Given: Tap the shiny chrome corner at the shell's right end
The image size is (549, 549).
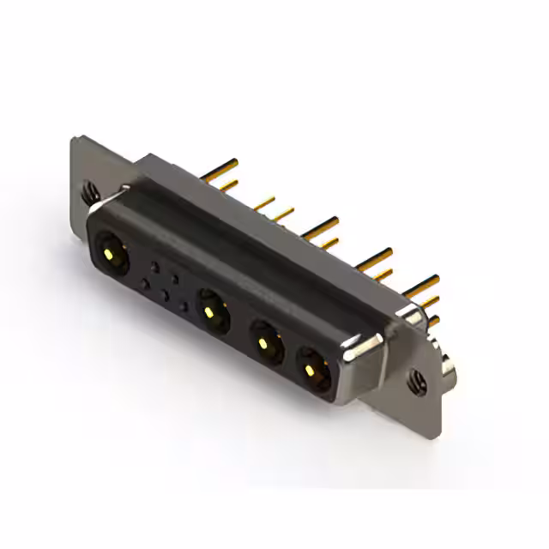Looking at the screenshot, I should (x=356, y=347).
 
